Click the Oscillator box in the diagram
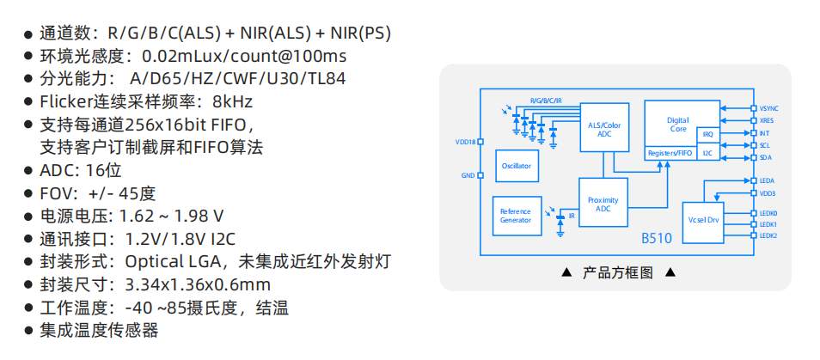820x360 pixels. point(517,166)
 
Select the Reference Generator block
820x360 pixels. point(517,216)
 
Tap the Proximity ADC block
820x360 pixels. point(603,202)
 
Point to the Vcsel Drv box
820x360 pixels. point(703,222)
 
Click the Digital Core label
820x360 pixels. point(678,125)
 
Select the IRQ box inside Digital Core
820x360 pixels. point(707,134)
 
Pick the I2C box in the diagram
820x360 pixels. point(707,153)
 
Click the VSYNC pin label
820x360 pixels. point(769,108)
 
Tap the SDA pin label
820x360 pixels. point(765,157)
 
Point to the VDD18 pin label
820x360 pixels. point(465,142)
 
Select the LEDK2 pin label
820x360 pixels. point(768,235)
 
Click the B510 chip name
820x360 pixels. point(657,239)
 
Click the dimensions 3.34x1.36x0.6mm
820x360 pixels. point(198,284)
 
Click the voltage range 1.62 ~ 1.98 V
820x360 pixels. point(172,216)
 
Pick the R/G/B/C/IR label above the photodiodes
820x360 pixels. point(546,101)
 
